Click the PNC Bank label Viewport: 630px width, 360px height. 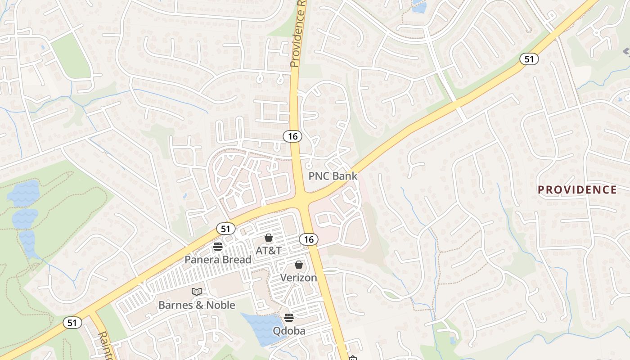pyautogui.click(x=333, y=176)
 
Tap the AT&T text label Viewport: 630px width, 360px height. pyautogui.click(x=268, y=250)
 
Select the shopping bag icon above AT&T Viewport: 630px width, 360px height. pyautogui.click(x=269, y=238)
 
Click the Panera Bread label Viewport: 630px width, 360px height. pyautogui.click(x=218, y=260)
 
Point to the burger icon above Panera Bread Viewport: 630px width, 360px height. pyautogui.click(x=218, y=247)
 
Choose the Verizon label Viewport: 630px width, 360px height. pyautogui.click(x=299, y=278)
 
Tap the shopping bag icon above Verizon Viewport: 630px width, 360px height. pyautogui.click(x=298, y=265)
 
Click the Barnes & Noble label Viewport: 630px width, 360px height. pyautogui.click(x=197, y=305)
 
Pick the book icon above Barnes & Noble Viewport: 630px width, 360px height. pyautogui.click(x=197, y=292)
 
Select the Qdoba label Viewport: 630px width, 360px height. pyautogui.click(x=289, y=331)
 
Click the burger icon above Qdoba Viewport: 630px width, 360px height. pyautogui.click(x=289, y=318)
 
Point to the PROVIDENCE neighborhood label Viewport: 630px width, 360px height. pyautogui.click(x=577, y=190)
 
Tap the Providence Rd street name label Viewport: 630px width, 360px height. pyautogui.click(x=298, y=34)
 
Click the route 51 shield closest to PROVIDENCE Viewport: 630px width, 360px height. pyautogui.click(x=529, y=59)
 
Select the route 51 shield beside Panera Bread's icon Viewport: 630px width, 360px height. pyautogui.click(x=225, y=229)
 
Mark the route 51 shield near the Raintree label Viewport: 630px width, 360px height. pyautogui.click(x=72, y=322)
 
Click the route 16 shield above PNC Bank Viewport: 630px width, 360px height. pyautogui.click(x=292, y=136)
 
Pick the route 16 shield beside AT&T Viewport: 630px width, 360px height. pyautogui.click(x=309, y=239)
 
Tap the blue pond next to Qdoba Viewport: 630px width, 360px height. pyautogui.click(x=261, y=328)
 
